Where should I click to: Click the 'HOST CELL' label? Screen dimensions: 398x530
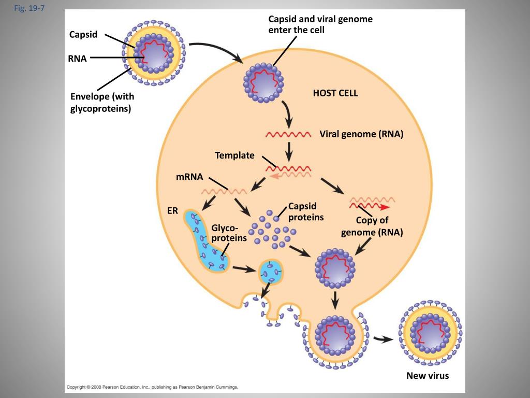[335, 93]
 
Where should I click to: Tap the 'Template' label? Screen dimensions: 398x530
[234, 155]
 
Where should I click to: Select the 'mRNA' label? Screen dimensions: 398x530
[189, 177]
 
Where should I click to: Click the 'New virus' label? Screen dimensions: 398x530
[428, 375]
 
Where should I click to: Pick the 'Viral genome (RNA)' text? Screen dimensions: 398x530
[361, 134]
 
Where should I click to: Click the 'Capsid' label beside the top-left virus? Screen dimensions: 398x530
[83, 35]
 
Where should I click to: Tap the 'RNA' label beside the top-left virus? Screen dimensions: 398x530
[77, 59]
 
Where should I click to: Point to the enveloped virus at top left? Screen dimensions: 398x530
[153, 52]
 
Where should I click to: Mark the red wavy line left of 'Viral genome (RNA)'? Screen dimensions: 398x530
[288, 135]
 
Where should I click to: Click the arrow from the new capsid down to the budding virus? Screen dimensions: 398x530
[335, 299]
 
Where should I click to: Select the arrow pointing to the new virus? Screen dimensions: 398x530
[384, 339]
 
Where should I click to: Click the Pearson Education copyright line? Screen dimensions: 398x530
[152, 387]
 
